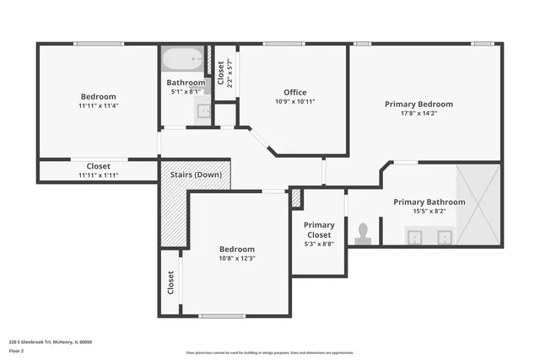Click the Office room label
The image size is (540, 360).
click(x=294, y=92)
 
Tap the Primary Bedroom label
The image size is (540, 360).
click(x=418, y=105)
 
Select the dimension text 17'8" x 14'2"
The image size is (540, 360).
click(x=418, y=115)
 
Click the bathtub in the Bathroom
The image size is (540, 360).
click(x=183, y=61)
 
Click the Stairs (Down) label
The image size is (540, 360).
click(x=196, y=175)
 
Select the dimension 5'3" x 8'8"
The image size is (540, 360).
click(x=319, y=244)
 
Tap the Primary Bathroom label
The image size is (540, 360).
click(x=429, y=202)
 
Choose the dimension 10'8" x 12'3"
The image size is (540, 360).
click(x=236, y=259)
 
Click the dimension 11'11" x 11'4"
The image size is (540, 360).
click(x=98, y=106)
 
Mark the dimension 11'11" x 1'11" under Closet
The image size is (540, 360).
click(x=98, y=175)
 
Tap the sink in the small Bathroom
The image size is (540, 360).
click(x=202, y=110)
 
